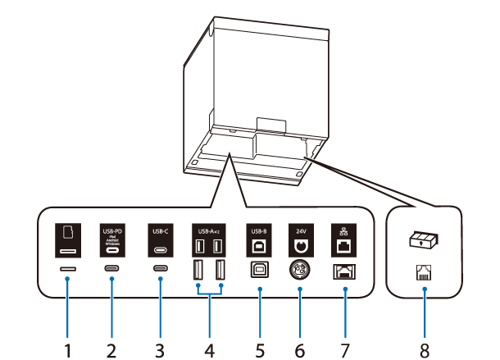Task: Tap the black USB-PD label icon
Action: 111,240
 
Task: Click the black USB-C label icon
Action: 159,240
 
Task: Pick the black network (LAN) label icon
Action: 344,240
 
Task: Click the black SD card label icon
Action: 68,240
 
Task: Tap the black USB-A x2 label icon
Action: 207,240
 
